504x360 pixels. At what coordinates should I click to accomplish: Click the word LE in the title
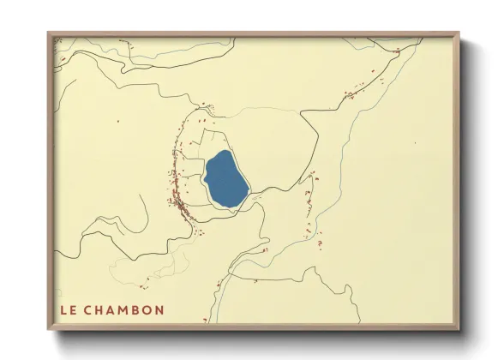point(68,309)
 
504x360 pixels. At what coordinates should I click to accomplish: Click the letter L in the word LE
point(63,309)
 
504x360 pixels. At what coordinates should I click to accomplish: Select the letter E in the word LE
point(73,309)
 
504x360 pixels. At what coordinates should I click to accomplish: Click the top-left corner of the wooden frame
point(48,33)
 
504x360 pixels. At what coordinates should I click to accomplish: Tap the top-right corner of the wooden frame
point(459,33)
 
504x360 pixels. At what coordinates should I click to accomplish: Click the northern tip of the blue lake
point(225,152)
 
